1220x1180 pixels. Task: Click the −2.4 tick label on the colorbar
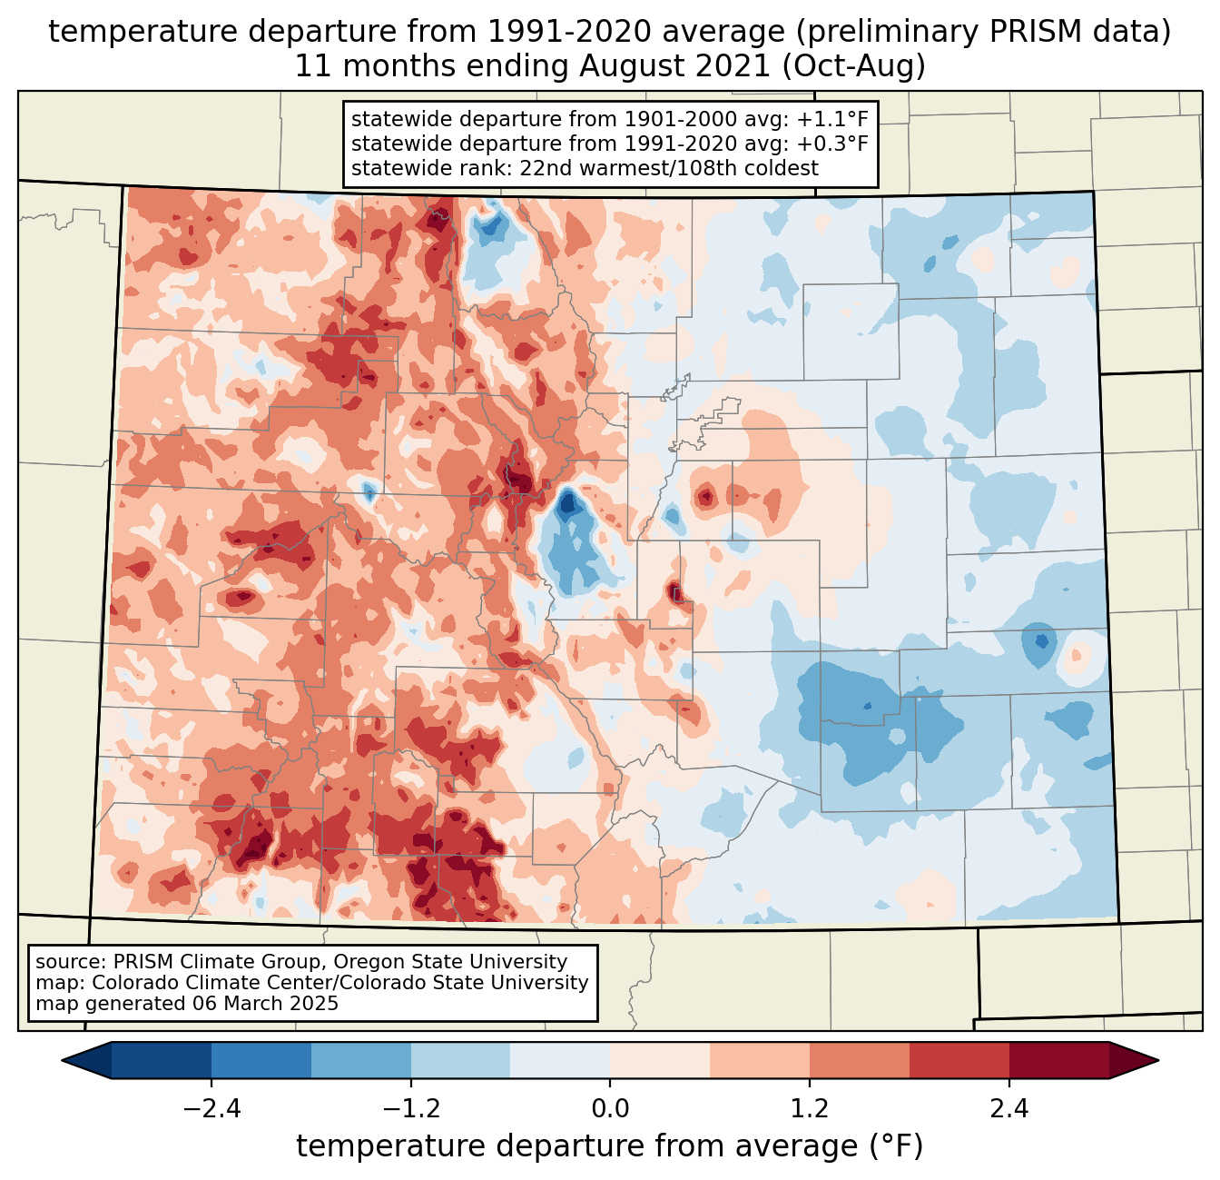(x=212, y=1109)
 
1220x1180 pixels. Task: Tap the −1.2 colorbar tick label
(x=410, y=1109)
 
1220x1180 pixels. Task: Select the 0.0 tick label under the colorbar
(x=610, y=1109)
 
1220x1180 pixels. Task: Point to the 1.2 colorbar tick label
(x=810, y=1109)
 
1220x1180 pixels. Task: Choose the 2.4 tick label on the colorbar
(x=1008, y=1109)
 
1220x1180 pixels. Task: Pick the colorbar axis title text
(x=610, y=1146)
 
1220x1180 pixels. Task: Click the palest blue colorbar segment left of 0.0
(x=560, y=1060)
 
